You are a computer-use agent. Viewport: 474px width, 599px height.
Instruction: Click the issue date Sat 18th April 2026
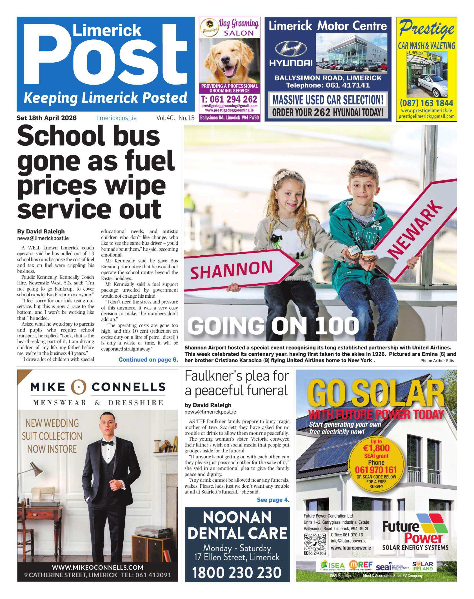46,118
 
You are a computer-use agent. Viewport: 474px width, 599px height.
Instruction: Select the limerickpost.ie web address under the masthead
116,118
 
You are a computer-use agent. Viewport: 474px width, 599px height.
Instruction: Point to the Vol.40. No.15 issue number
175,118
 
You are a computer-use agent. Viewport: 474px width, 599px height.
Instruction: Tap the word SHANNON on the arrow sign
232,269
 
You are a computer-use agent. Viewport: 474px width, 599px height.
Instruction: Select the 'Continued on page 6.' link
148,359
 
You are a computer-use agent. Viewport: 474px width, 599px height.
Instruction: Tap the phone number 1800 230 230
237,573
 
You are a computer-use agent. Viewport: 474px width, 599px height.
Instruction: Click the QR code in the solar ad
315,544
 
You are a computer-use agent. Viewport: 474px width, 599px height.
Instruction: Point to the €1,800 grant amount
376,448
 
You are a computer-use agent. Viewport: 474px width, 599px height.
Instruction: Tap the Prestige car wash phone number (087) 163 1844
426,103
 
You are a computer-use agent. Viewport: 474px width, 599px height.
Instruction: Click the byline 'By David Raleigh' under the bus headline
41,231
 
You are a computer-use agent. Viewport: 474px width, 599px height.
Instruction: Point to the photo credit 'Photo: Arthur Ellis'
437,361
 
